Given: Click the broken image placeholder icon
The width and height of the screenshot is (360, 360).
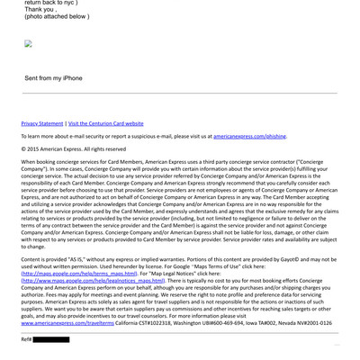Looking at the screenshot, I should tap(29, 43).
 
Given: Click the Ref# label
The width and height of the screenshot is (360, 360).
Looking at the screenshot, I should tap(26, 339).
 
